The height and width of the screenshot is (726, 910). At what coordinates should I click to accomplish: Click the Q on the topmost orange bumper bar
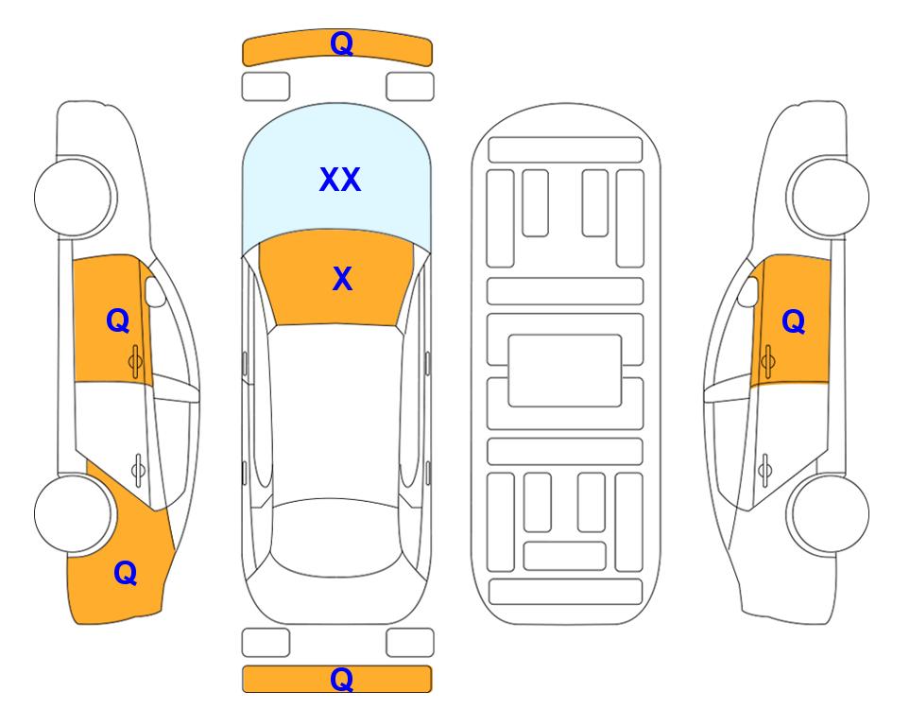point(341,43)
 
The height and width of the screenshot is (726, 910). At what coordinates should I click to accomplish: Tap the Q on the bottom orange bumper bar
point(341,679)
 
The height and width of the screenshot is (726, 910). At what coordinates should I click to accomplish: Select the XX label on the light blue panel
point(340,180)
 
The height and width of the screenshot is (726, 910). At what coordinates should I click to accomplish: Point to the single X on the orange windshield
point(342,279)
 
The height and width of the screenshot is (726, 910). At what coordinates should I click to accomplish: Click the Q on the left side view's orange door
point(118,320)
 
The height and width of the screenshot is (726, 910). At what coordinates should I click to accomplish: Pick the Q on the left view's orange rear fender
point(126,573)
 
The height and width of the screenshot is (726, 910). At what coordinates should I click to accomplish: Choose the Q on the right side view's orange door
point(794,321)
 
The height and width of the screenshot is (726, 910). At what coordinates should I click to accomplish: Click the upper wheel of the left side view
point(74,198)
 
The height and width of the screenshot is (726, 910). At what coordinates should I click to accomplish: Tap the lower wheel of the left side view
point(74,514)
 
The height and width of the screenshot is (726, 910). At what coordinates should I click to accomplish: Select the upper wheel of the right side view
point(830,198)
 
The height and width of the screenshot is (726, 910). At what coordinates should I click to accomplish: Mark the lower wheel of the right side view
point(830,514)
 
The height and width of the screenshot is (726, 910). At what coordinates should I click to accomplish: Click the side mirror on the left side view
point(155,291)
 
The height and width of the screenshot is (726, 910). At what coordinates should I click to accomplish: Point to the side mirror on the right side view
point(748,291)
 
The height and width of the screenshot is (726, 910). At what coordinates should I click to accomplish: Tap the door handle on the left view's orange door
point(136,361)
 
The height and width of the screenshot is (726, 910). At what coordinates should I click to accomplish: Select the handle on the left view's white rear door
point(138,470)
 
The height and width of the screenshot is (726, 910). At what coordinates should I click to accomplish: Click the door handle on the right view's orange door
point(767,361)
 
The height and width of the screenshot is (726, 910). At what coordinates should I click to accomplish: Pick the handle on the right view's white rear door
point(764,470)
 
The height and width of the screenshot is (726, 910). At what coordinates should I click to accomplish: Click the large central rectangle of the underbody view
point(565,371)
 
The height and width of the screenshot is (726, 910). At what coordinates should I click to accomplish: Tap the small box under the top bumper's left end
point(266,87)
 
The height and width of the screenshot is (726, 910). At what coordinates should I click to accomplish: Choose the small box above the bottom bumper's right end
point(410,643)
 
